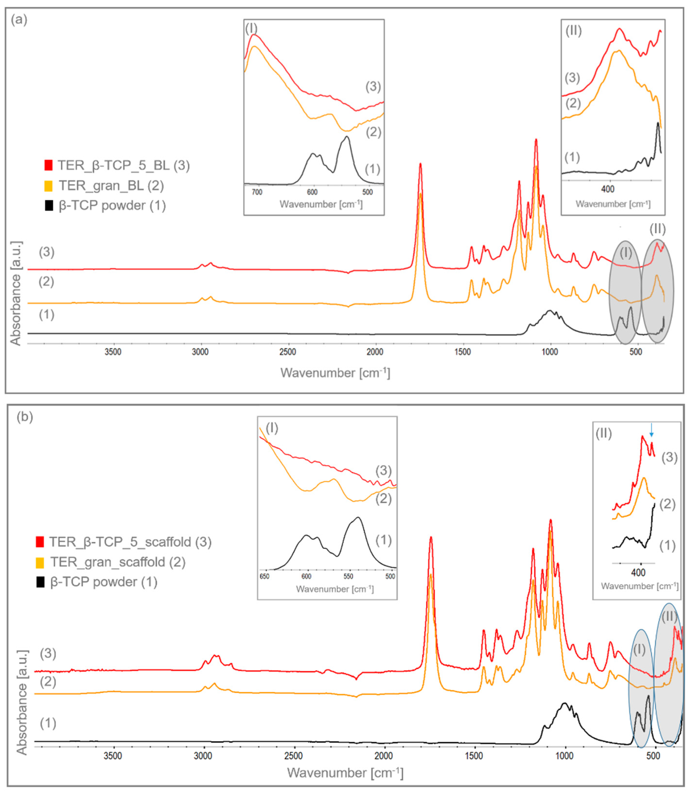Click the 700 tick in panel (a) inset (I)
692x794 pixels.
[257, 192]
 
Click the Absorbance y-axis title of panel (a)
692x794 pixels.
[16, 293]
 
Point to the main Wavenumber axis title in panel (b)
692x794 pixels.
[345, 773]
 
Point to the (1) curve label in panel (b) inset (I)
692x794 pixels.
[384, 540]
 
